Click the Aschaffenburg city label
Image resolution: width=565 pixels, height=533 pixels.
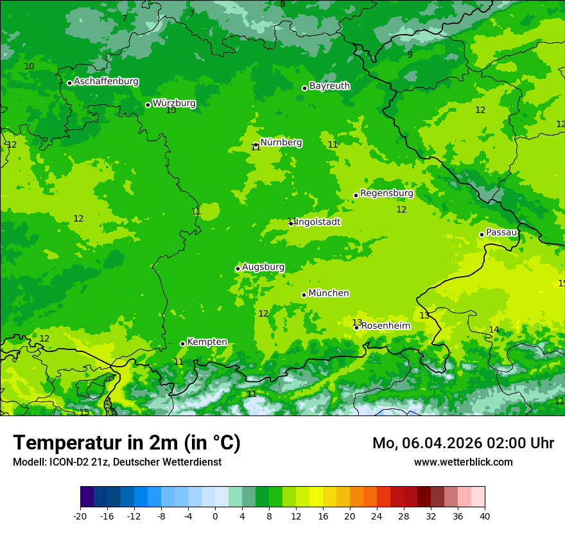pyautogui.click(x=106, y=82)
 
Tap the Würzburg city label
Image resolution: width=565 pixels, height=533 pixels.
pyautogui.click(x=174, y=103)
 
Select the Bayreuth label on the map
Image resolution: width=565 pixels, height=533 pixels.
pyautogui.click(x=329, y=86)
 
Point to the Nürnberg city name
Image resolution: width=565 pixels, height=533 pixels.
pyautogui.click(x=281, y=143)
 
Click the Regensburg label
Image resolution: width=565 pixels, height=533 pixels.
pyautogui.click(x=387, y=193)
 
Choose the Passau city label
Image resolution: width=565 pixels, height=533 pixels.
pyautogui.click(x=501, y=232)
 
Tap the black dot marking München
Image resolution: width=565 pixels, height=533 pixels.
pyautogui.click(x=304, y=295)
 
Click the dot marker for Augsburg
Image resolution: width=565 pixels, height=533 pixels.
pyautogui.click(x=238, y=268)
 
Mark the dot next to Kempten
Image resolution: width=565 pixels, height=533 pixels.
pyautogui.click(x=182, y=344)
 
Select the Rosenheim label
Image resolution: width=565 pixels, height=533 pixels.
pyautogui.click(x=385, y=326)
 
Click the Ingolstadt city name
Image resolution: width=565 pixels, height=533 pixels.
pyautogui.click(x=318, y=222)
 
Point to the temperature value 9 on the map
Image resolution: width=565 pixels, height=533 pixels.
pyautogui.click(x=410, y=55)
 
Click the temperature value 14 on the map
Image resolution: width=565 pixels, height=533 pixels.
pyautogui.click(x=494, y=330)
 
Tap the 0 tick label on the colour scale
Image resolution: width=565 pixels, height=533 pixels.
pyautogui.click(x=215, y=516)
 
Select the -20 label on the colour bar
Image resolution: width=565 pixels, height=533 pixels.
pyautogui.click(x=80, y=516)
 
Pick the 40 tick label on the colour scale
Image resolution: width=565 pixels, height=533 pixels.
pyautogui.click(x=485, y=516)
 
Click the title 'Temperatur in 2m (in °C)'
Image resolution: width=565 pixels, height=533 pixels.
pyautogui.click(x=126, y=443)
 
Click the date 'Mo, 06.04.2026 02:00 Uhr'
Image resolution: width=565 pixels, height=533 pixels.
pyautogui.click(x=463, y=443)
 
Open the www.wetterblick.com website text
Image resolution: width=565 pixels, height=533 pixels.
pyautogui.click(x=463, y=462)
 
